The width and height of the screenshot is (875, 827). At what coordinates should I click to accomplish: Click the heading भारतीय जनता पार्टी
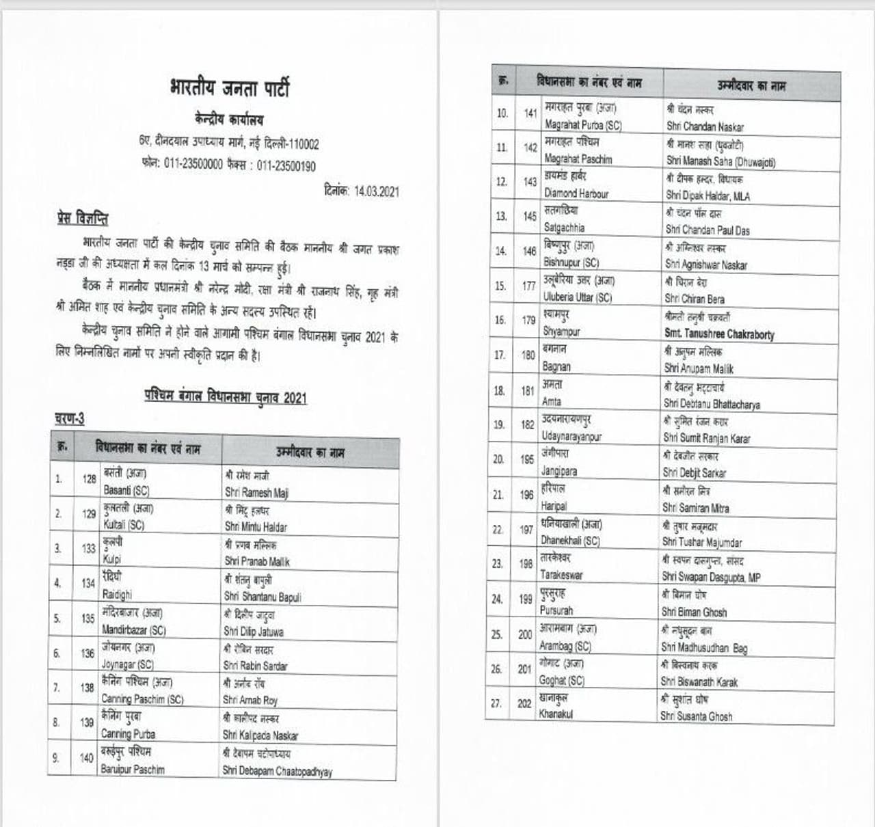[229, 88]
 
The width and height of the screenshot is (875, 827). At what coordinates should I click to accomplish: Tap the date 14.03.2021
[376, 192]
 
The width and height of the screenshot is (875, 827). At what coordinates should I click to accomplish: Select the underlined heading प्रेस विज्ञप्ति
[82, 219]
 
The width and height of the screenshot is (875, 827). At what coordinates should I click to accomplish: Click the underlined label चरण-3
[70, 418]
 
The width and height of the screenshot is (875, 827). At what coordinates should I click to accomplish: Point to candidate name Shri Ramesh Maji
[256, 492]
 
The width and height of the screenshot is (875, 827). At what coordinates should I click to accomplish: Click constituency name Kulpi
[112, 559]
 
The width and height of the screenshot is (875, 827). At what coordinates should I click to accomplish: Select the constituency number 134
[88, 583]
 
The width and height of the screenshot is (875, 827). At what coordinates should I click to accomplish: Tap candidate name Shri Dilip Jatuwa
[253, 632]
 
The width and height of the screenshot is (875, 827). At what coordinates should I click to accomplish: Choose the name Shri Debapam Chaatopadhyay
[277, 771]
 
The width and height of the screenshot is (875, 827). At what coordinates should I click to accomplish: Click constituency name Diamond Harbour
[576, 193]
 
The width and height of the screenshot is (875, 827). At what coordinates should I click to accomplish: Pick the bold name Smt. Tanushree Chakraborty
[719, 334]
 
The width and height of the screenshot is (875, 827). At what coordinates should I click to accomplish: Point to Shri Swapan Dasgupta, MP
[711, 578]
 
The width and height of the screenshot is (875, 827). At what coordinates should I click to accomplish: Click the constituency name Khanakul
[556, 714]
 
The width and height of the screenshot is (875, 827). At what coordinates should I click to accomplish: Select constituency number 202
[524, 703]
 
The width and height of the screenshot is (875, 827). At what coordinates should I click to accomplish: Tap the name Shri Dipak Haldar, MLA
[708, 196]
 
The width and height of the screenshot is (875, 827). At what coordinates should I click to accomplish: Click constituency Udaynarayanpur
[571, 436]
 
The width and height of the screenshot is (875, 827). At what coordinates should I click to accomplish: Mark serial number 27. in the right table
[498, 703]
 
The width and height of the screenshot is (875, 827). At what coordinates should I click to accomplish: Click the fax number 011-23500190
[286, 166]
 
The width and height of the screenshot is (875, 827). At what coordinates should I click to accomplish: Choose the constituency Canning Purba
[128, 734]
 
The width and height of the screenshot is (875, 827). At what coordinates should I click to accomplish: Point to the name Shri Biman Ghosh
[694, 612]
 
